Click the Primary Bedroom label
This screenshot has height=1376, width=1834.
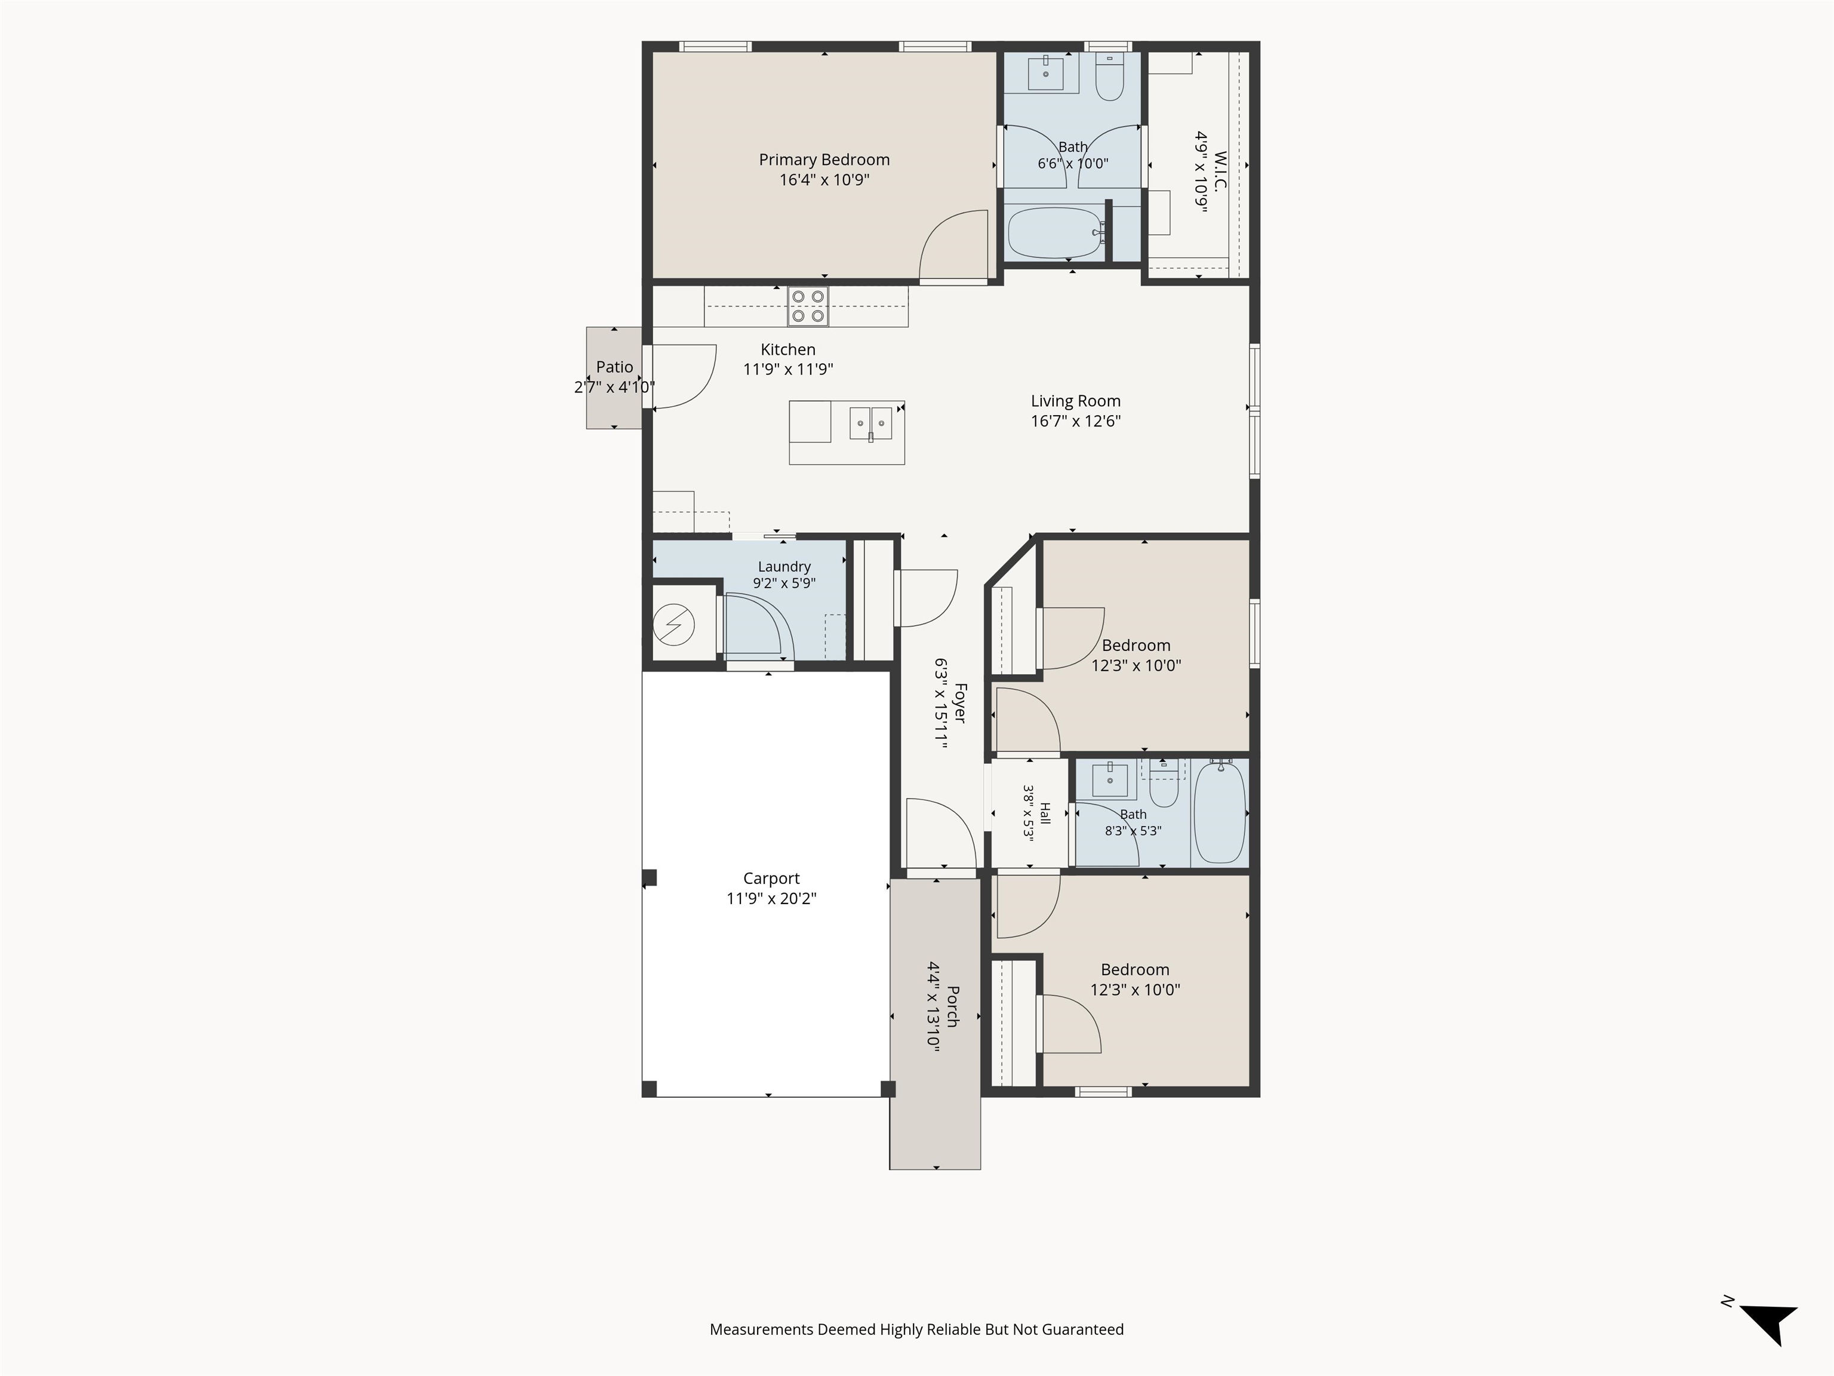(x=824, y=159)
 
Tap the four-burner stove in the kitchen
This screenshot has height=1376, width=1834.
(x=808, y=306)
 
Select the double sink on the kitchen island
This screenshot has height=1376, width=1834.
(x=870, y=423)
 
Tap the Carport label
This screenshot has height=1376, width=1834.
(x=771, y=879)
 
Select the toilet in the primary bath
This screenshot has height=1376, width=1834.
(x=1109, y=77)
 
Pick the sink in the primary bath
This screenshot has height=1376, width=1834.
(x=1047, y=73)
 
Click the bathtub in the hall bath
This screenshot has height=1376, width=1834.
(x=1220, y=812)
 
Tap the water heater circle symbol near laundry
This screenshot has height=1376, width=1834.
(x=673, y=625)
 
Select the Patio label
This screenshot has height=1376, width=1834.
(x=614, y=367)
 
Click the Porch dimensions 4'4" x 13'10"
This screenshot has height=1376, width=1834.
(x=934, y=1007)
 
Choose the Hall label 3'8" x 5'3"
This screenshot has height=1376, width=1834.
(x=1036, y=813)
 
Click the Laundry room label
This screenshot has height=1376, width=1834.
(x=784, y=567)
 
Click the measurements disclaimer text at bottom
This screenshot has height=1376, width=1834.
(x=917, y=1329)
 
